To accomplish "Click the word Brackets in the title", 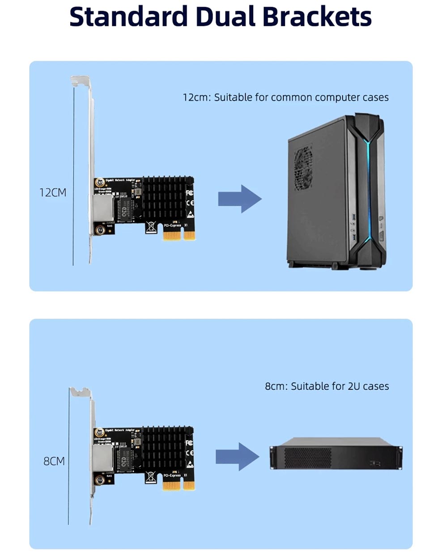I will [x=317, y=17].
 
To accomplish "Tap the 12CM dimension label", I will [x=53, y=193].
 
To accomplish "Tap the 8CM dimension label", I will [x=54, y=461].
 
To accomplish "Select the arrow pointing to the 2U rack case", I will [x=237, y=456].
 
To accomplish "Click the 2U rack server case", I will [x=336, y=454].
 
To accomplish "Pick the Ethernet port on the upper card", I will [x=101, y=210].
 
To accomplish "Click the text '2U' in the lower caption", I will [x=353, y=386].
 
